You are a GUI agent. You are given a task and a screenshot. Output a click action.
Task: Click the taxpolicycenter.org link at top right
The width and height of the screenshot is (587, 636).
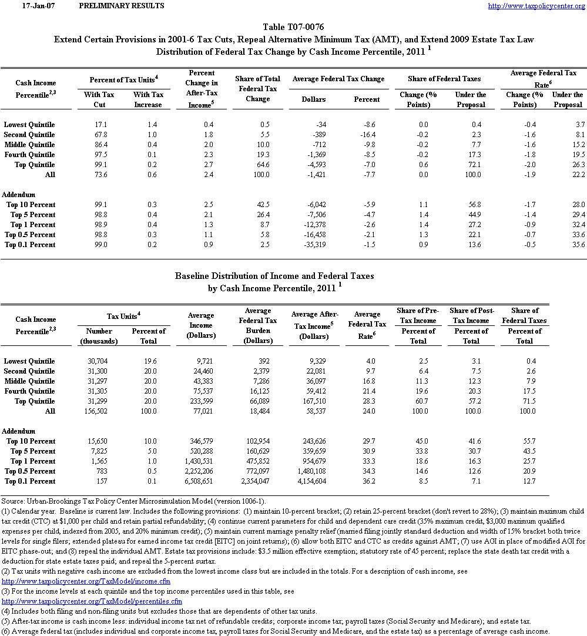click(x=536, y=6)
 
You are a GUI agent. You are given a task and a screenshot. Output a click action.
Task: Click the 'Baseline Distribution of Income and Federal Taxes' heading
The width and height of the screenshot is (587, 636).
click(x=274, y=275)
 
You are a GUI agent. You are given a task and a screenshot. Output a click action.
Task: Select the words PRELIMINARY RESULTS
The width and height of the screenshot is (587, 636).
click(x=121, y=6)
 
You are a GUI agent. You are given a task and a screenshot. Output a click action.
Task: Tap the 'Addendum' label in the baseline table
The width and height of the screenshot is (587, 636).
click(x=19, y=431)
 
